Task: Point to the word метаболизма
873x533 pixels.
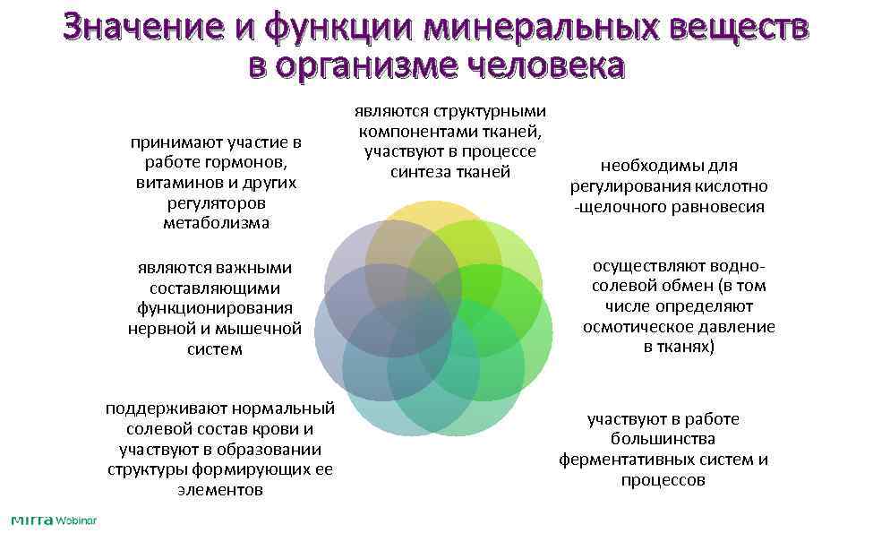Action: click(x=216, y=223)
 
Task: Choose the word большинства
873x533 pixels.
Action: click(x=663, y=439)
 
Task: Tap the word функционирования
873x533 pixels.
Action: click(x=215, y=308)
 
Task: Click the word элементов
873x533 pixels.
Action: click(x=220, y=490)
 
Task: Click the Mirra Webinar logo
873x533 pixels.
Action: click(x=53, y=520)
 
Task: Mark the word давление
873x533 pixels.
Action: click(x=739, y=327)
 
